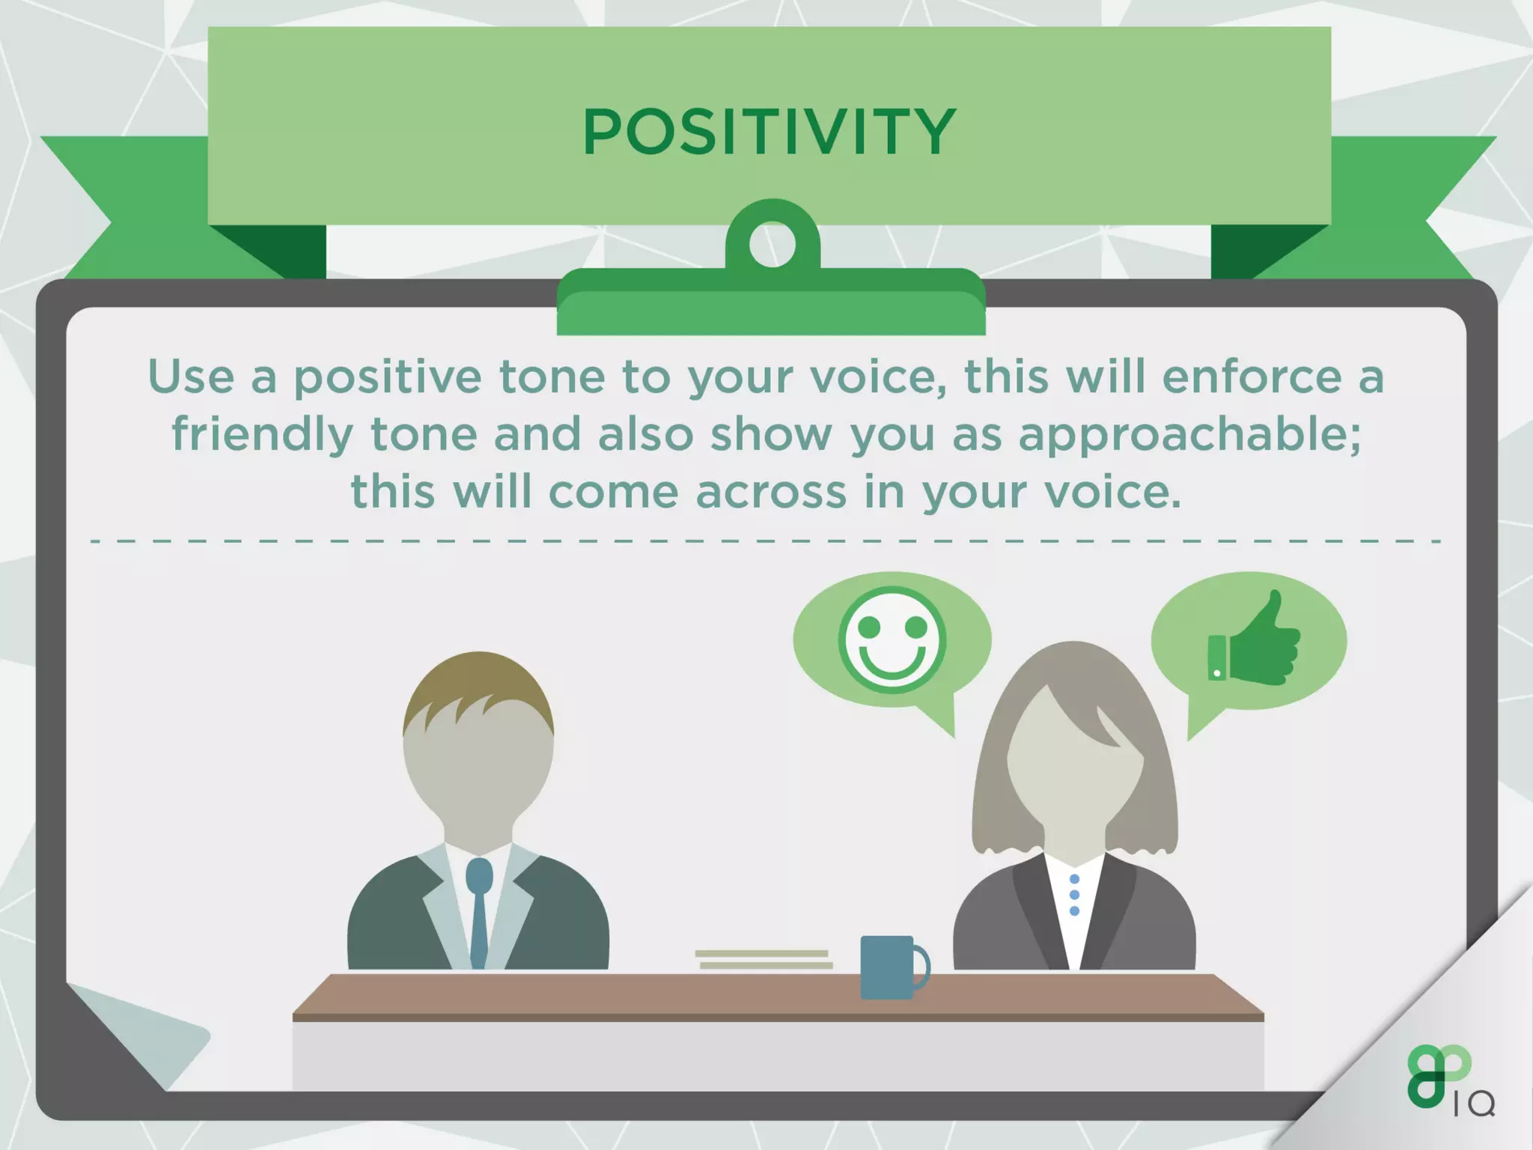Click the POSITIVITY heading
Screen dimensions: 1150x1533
pos(769,132)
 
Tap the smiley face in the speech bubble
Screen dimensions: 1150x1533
pos(892,640)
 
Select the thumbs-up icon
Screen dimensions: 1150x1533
pos(1255,643)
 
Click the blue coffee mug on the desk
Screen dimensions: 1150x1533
pos(887,967)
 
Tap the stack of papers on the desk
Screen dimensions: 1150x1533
pos(764,959)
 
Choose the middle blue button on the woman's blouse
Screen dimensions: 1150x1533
pos(1074,895)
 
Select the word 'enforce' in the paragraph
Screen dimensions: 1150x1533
pos(1252,377)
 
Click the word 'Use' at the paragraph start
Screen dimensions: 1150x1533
pos(191,377)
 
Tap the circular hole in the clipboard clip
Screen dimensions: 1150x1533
pos(772,244)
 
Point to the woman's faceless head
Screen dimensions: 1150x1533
pos(1074,756)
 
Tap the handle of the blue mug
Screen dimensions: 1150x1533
pos(923,967)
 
